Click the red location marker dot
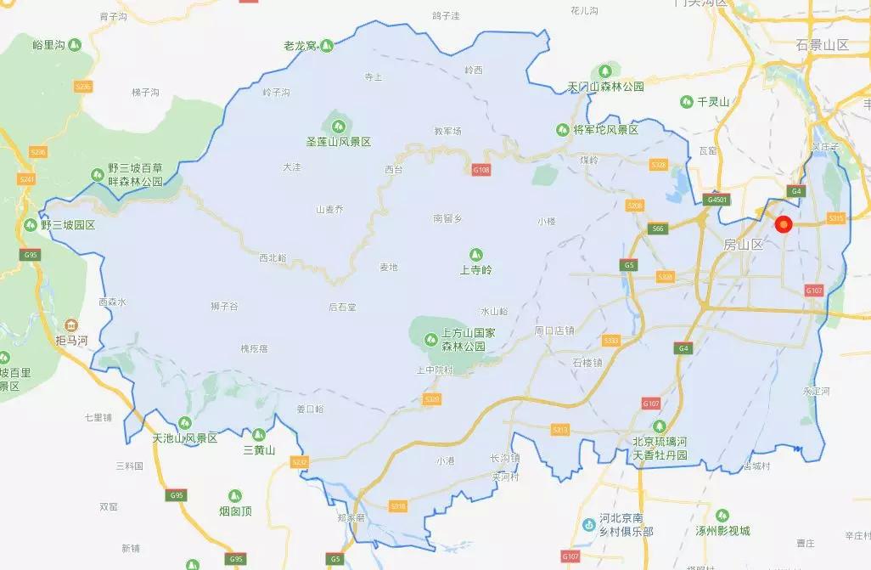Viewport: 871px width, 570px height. point(784,224)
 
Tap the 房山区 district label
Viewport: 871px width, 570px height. point(744,245)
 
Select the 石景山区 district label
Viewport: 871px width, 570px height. point(823,44)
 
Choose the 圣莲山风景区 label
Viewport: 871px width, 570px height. point(339,141)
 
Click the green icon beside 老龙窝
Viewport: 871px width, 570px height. point(326,44)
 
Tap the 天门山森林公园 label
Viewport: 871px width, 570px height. point(605,87)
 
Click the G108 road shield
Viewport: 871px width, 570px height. point(481,171)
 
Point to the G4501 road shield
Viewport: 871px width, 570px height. point(716,200)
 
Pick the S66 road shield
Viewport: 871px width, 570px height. point(656,229)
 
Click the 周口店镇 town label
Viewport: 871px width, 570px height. point(554,330)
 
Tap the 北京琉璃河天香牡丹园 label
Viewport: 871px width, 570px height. point(659,449)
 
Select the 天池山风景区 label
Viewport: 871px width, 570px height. point(185,438)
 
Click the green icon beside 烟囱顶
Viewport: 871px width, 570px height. point(236,494)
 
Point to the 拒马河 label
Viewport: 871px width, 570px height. point(71,340)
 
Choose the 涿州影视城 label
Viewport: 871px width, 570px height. point(722,531)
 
